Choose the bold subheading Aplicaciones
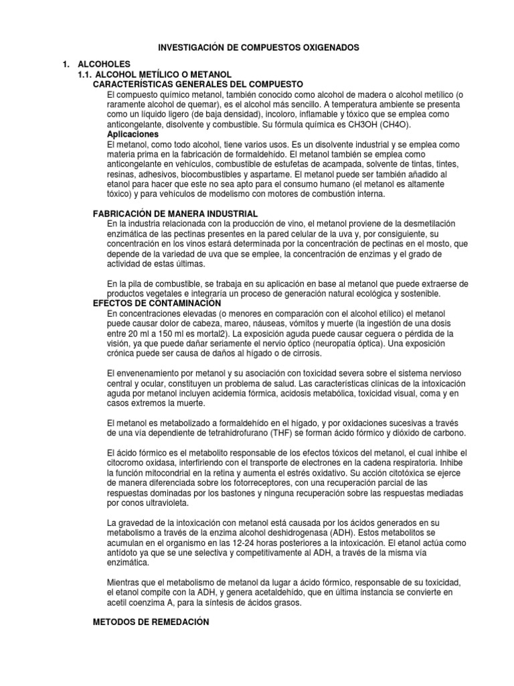[x=133, y=135]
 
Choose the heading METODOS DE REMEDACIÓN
[x=151, y=623]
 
